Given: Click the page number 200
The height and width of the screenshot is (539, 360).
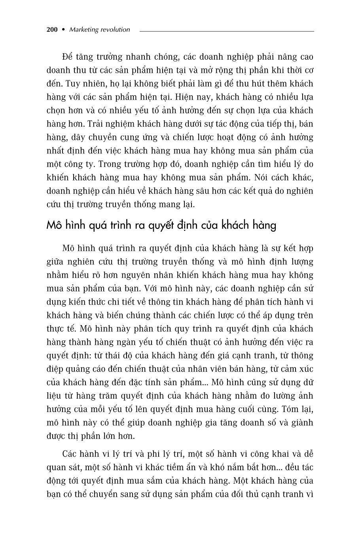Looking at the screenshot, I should coord(52,30).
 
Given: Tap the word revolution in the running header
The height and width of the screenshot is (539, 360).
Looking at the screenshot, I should coord(116,30).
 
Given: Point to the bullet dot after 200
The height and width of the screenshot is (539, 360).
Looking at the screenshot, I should coord(63,30).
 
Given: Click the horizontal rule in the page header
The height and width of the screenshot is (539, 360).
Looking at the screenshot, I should coord(226,30).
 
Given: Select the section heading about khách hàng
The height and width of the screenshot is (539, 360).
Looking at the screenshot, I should coord(161,225).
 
